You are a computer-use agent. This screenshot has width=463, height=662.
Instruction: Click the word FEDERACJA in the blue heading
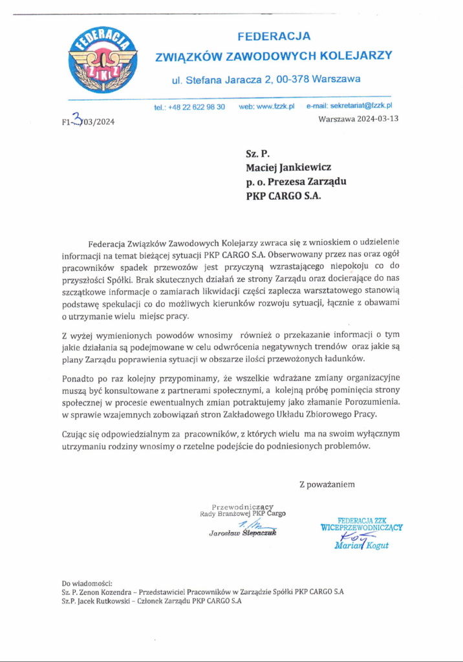click(274, 36)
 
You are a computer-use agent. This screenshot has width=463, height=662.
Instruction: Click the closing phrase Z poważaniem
click(327, 484)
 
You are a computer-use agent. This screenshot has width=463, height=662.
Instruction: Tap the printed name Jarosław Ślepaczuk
click(242, 533)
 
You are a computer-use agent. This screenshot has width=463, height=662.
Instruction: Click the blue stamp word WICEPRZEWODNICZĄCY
click(361, 527)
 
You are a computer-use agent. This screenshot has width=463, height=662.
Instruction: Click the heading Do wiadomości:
click(87, 583)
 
